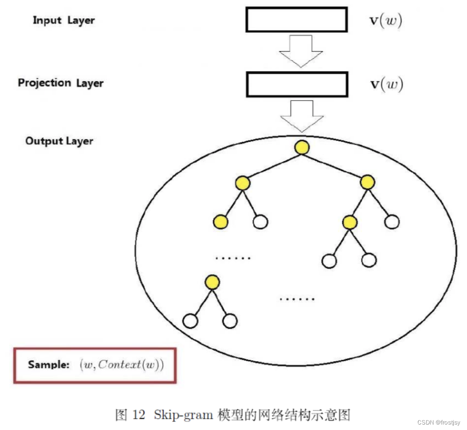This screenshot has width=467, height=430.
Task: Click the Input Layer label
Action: [64, 20]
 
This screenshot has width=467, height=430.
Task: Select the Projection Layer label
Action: [61, 83]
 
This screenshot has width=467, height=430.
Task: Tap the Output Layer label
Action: [59, 141]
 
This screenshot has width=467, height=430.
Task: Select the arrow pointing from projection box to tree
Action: [302, 116]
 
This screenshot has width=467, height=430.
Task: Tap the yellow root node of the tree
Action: [302, 148]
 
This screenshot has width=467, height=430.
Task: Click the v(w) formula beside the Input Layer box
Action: [386, 20]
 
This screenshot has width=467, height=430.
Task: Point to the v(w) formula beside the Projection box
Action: [387, 85]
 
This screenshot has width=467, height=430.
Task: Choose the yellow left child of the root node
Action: [243, 183]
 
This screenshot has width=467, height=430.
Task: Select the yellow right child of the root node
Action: [367, 182]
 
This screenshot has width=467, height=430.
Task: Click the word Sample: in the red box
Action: [49, 365]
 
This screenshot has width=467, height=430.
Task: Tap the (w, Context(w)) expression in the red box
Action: [122, 365]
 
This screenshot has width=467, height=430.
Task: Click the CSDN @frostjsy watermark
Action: [439, 423]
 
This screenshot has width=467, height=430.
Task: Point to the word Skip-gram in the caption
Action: [183, 415]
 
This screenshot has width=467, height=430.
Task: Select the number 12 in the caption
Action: [139, 415]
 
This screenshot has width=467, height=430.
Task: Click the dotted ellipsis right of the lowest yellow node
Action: [297, 299]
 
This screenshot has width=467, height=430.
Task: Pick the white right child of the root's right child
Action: [392, 222]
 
